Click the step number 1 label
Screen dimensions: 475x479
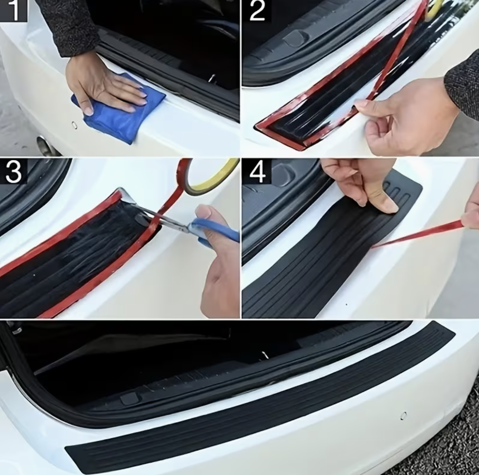[x=14, y=10]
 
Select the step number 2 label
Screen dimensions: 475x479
[x=257, y=10]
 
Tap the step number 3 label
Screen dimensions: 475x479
[x=14, y=171]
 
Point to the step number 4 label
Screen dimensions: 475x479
[x=257, y=172]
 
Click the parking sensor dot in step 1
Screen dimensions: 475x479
[x=74, y=125]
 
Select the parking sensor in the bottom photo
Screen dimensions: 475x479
[x=403, y=416]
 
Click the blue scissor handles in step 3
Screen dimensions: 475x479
[x=217, y=230]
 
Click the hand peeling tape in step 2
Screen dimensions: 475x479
[x=408, y=116]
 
